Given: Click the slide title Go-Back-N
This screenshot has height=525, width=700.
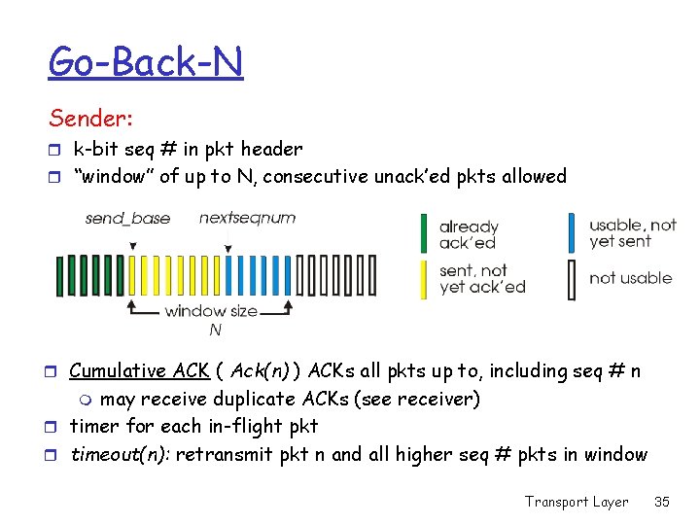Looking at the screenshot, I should pos(146,62).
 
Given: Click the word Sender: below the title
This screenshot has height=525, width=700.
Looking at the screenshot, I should pos(91,119).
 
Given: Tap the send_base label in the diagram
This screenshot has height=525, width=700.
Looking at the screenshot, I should pos(127,218).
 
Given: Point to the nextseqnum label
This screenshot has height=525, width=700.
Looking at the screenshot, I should pos(247,218).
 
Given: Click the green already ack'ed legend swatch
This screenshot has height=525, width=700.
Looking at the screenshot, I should pos(424,234).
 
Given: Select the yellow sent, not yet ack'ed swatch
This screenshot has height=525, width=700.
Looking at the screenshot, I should pos(424,278).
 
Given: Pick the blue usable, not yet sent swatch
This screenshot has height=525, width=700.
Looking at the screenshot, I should pos(572,233).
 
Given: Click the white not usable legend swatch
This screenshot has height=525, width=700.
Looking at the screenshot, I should pos(572,278).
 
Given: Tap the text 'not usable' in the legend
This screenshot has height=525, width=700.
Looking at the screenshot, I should pos(630,278).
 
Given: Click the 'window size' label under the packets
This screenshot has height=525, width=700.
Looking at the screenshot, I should pos(211,311).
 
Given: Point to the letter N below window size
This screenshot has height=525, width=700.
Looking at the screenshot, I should pos(215,331).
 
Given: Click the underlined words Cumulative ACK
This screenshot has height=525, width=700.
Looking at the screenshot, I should pos(139,370).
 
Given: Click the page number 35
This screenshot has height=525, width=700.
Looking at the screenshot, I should pos(662,502).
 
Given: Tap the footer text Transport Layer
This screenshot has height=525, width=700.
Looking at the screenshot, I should pos(577,502).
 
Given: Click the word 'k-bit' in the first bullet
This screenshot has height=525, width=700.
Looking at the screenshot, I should pos(93,149).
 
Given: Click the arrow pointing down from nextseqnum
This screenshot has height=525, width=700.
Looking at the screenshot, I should pos(227,243).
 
